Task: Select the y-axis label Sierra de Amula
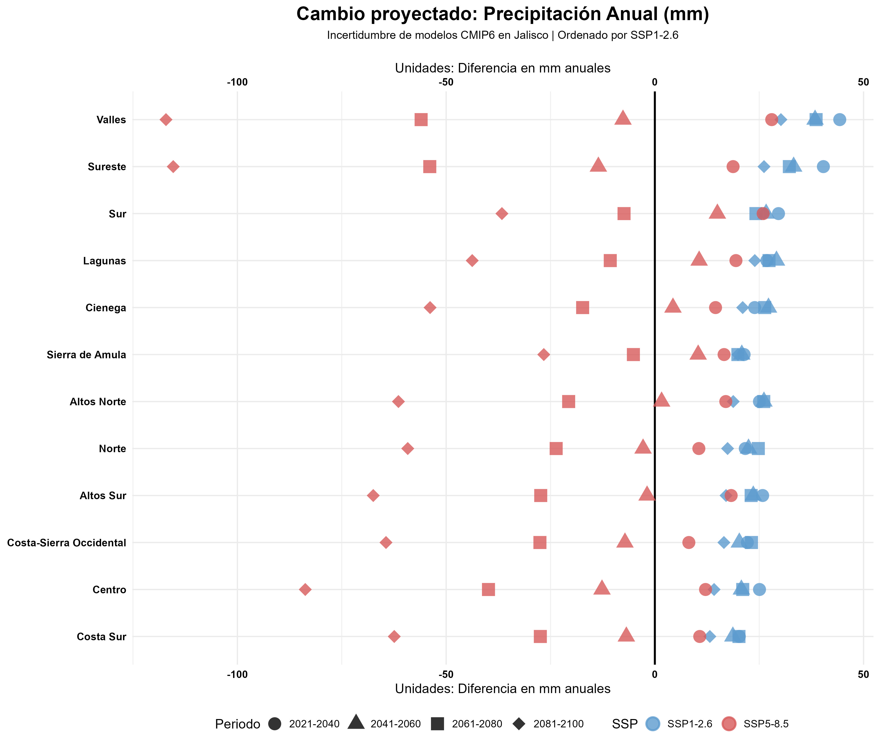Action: (86, 355)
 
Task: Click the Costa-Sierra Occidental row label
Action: (67, 543)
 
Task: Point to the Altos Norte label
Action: (98, 402)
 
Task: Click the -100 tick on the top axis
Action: (237, 82)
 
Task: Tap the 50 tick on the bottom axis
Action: (863, 675)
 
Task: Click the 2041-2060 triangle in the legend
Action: (357, 723)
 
